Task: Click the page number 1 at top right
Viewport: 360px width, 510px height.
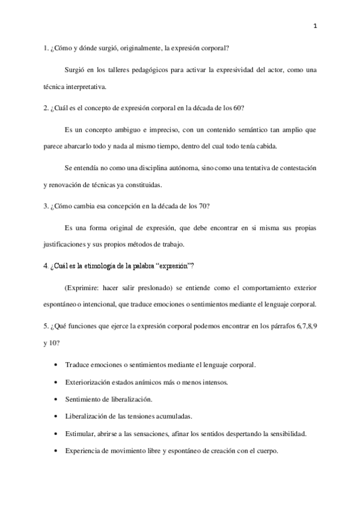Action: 316,25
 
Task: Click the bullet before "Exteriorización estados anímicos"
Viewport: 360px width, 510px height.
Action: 56,382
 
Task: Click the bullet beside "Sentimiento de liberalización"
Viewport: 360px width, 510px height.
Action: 56,399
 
